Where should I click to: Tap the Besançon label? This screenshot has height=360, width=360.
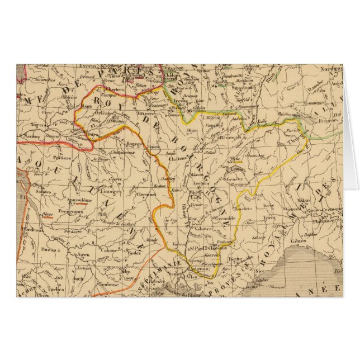230,137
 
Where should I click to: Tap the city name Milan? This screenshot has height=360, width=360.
304,198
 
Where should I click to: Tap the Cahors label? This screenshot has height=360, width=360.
117,252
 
